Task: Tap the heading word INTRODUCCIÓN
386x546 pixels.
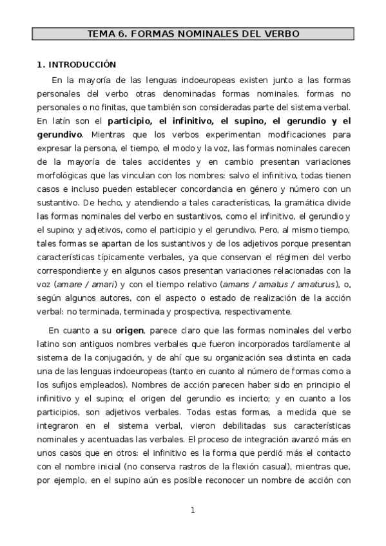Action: point(81,64)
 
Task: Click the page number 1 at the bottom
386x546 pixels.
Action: point(192,511)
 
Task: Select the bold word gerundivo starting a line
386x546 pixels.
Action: point(59,135)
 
